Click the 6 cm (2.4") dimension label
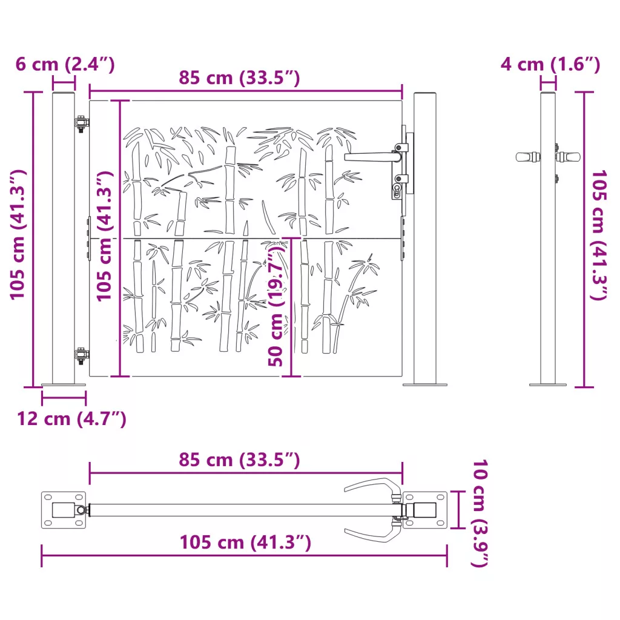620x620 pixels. click(65, 64)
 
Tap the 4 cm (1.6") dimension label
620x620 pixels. click(550, 64)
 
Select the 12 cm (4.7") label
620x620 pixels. click(71, 418)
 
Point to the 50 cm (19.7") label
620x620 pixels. click(276, 306)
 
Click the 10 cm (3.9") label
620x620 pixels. click(480, 513)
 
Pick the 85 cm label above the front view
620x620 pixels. click(239, 77)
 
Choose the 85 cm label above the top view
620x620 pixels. click(239, 460)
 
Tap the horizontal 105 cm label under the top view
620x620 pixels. click(245, 542)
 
